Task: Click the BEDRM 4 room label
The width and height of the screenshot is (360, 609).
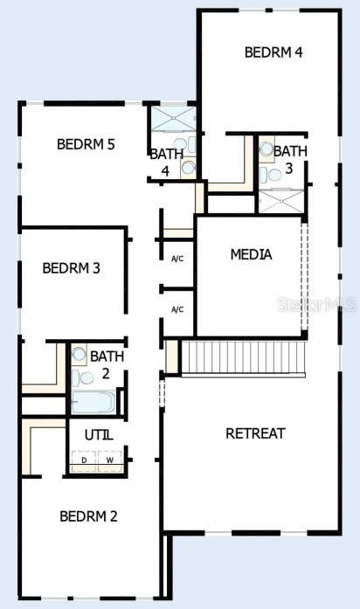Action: (273, 52)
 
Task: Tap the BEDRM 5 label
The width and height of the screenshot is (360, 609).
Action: (86, 144)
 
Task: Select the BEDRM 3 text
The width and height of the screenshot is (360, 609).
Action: (71, 267)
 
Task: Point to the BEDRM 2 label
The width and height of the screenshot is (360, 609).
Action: (88, 516)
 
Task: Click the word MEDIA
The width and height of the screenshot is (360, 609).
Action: (251, 255)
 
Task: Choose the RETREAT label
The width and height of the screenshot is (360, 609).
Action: (255, 433)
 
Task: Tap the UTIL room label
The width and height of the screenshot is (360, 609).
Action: (98, 434)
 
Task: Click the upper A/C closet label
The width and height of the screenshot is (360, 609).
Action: (177, 259)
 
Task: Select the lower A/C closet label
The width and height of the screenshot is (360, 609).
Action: (177, 309)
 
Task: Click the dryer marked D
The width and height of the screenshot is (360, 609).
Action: (84, 460)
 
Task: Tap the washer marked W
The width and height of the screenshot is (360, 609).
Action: (110, 460)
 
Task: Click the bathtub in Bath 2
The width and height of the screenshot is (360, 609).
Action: (93, 403)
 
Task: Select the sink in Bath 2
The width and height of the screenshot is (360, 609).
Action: (79, 355)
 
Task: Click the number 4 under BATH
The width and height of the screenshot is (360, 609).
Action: (164, 171)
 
